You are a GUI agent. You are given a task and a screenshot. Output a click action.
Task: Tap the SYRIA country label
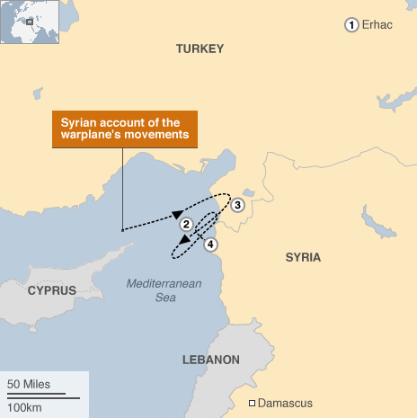coord(303,258)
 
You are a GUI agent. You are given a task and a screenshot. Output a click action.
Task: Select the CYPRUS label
coord(51,290)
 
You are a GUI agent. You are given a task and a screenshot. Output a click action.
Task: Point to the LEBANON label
coord(211,360)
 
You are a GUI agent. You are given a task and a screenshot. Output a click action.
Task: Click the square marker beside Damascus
coord(253,402)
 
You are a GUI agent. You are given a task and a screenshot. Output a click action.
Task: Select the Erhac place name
coord(377,25)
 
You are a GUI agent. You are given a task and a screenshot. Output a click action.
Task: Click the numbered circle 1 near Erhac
coord(351,25)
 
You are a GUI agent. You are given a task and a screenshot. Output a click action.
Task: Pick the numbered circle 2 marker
coord(185,224)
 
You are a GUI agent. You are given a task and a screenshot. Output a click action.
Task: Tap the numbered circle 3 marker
coord(237,206)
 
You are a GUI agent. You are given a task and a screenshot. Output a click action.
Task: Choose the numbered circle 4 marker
coord(210,244)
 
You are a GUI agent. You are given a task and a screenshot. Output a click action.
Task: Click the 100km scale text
coord(24,407)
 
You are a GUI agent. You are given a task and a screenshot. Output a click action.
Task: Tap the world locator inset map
coord(29,21)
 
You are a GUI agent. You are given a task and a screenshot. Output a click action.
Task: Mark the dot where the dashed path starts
coord(122,230)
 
